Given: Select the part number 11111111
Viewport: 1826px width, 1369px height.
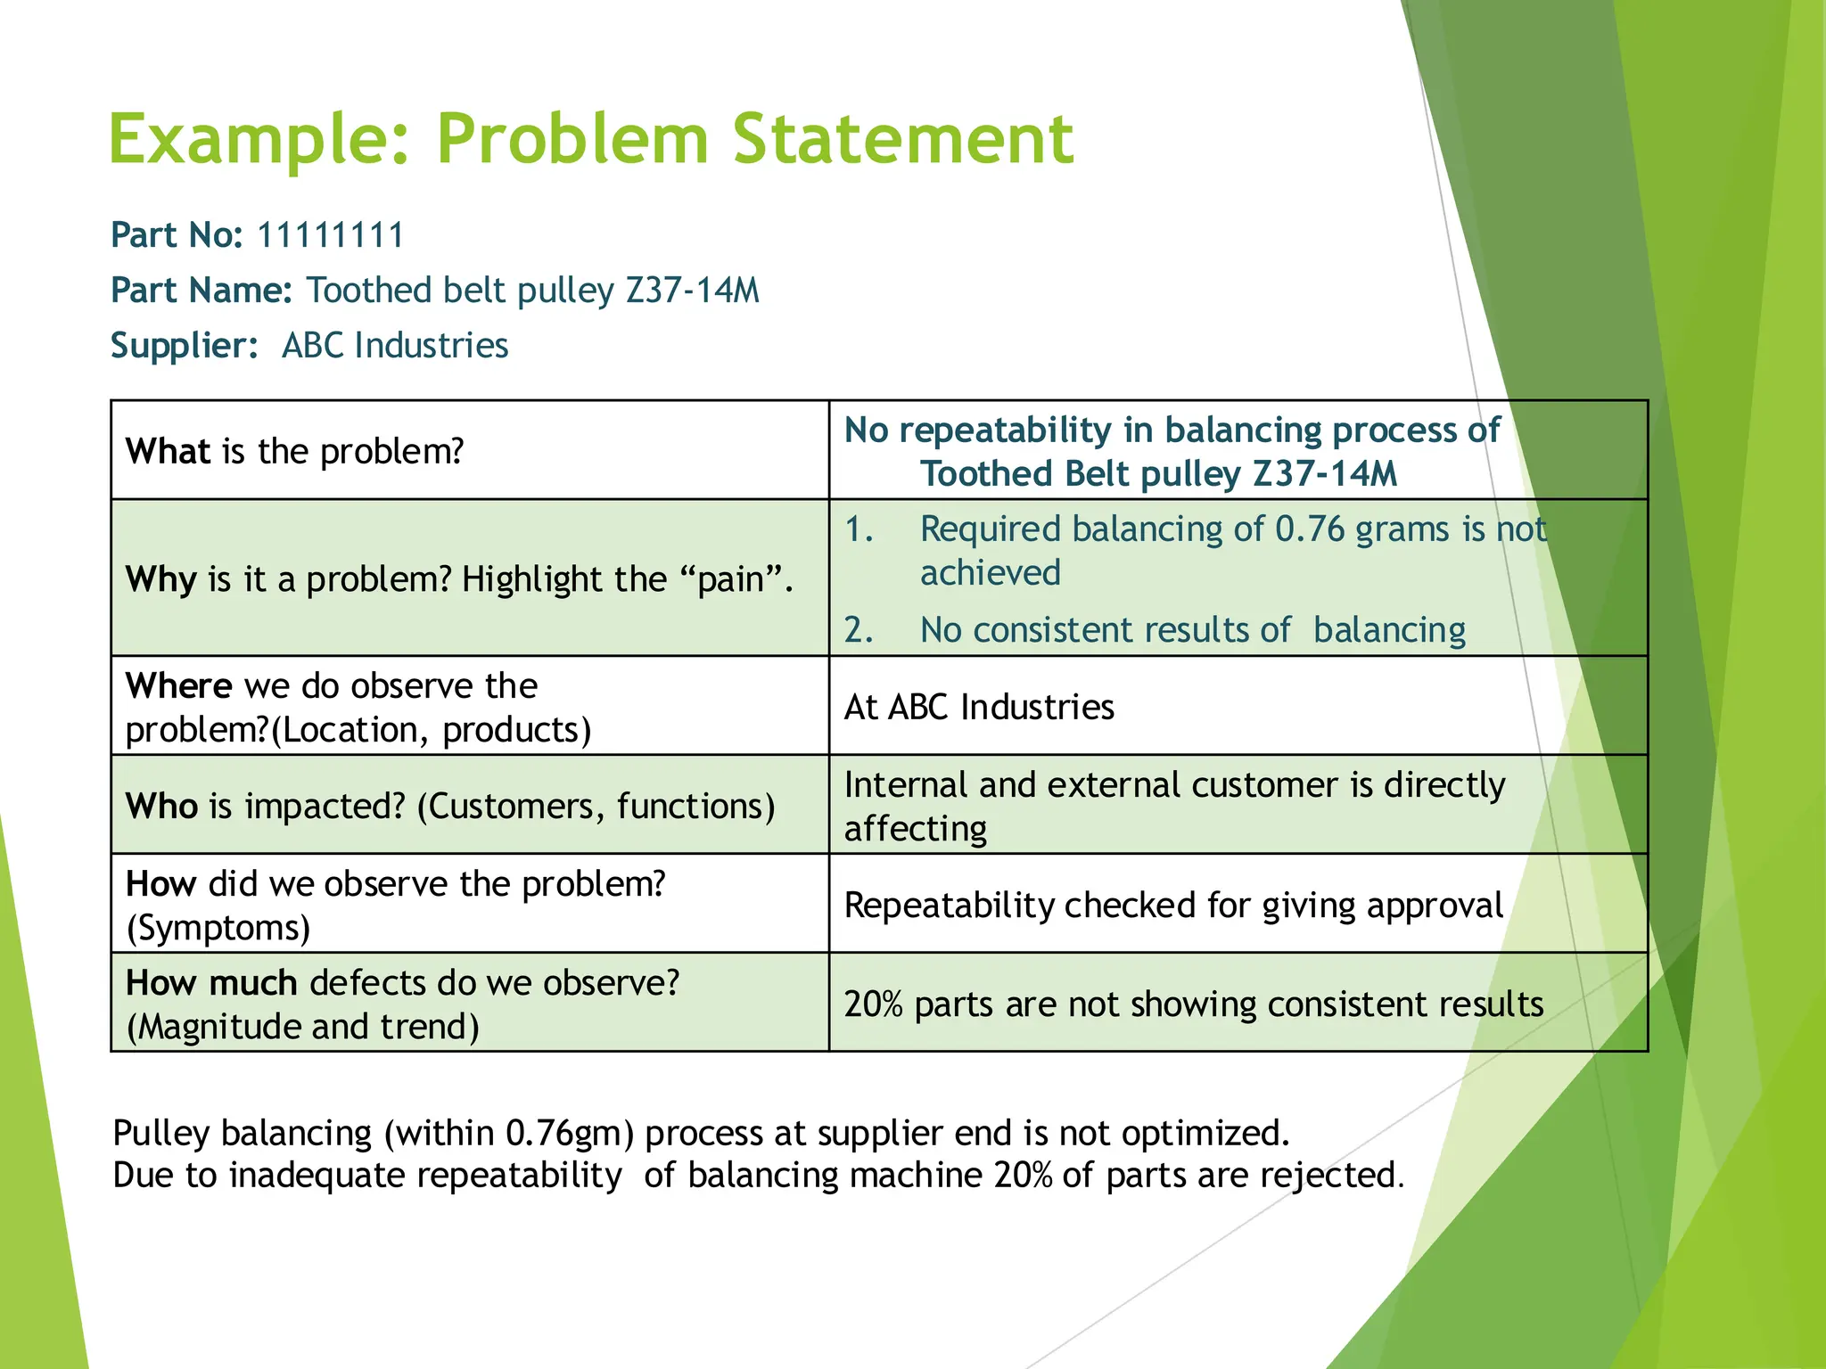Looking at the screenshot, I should [x=330, y=235].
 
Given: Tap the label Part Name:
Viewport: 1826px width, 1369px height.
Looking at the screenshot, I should [x=202, y=291].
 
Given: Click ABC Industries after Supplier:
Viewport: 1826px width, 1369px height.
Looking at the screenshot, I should [x=395, y=346].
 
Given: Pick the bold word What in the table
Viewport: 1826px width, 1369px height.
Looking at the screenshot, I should [x=168, y=451].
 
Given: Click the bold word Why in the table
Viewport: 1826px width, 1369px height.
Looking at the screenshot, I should [x=160, y=579].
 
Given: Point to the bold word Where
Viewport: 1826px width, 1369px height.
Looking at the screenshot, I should [x=178, y=685].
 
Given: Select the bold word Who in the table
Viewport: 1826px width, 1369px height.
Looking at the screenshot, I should [x=161, y=806].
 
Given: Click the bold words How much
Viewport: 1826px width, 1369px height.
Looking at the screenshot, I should [x=211, y=982].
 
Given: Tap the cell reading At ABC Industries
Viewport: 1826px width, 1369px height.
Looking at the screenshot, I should [x=979, y=707].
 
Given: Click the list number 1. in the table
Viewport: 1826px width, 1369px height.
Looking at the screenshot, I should [x=859, y=529].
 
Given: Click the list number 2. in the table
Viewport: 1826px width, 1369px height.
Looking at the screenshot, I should [x=859, y=630].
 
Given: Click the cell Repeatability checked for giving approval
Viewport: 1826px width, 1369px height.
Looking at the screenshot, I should [x=1173, y=905].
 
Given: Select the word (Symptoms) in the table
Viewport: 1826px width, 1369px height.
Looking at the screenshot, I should [x=218, y=928].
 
